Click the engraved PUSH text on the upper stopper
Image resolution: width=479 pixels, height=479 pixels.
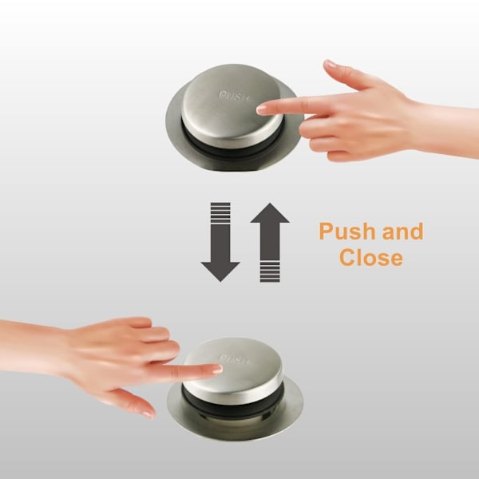(x=234, y=96)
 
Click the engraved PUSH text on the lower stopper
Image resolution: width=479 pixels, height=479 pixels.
(x=234, y=359)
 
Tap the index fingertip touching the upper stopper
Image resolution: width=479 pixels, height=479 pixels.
(x=260, y=109)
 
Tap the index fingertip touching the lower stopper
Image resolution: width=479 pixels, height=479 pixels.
(x=218, y=370)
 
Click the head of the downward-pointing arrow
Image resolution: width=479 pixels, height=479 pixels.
(x=220, y=271)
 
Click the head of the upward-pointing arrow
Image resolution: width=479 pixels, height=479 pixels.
(x=270, y=213)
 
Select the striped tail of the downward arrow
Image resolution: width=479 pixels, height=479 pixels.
(x=220, y=212)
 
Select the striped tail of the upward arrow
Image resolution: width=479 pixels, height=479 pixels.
(x=270, y=271)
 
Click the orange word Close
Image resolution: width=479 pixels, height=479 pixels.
(x=371, y=258)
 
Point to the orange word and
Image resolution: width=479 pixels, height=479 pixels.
(x=402, y=232)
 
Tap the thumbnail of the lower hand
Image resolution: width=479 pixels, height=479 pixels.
(x=148, y=413)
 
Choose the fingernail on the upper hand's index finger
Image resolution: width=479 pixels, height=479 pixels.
(x=260, y=109)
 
